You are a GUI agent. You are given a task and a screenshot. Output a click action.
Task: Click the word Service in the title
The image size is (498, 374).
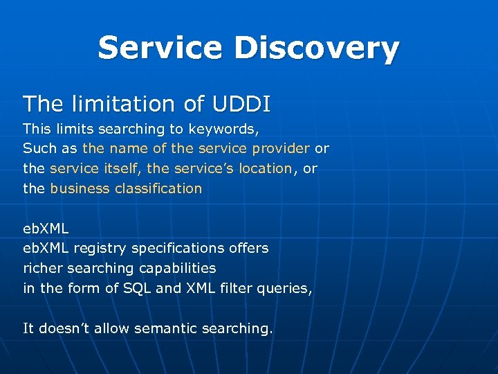(160, 48)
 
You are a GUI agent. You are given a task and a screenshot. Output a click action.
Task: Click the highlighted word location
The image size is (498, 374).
(265, 168)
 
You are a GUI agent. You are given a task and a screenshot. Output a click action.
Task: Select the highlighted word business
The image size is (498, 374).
(78, 188)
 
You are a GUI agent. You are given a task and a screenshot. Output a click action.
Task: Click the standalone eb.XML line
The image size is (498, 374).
(46, 228)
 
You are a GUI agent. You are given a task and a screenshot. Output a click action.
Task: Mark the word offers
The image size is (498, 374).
(248, 248)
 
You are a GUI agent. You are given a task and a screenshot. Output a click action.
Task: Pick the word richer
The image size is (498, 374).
(43, 268)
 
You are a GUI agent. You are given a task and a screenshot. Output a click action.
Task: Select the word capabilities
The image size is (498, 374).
(176, 268)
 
